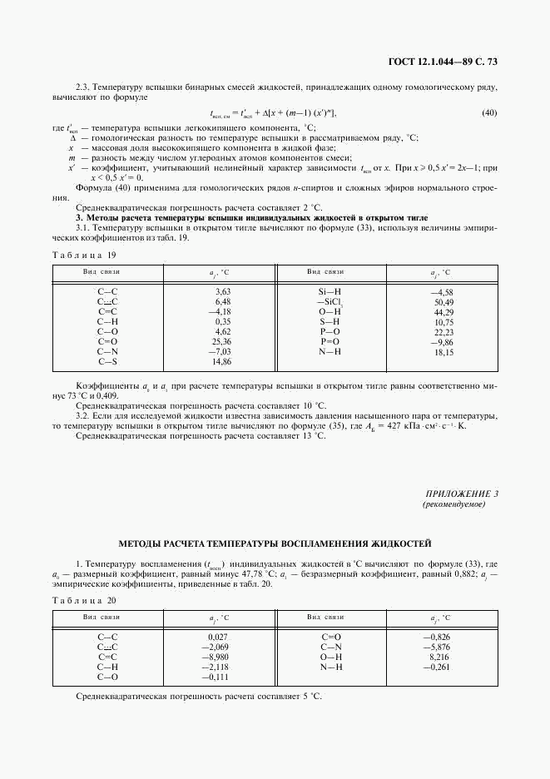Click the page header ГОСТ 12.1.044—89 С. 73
point(443,62)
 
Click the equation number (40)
point(489,112)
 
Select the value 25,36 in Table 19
point(221,341)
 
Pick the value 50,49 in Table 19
point(443,302)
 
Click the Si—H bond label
point(330,292)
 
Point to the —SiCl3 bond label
point(330,302)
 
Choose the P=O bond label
point(330,341)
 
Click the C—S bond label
point(108,361)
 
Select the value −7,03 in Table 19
point(220,351)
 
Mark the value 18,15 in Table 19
point(443,352)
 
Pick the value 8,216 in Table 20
point(439,657)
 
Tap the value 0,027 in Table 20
point(216,637)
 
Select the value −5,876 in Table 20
point(436,647)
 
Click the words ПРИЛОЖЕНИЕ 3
point(462,494)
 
